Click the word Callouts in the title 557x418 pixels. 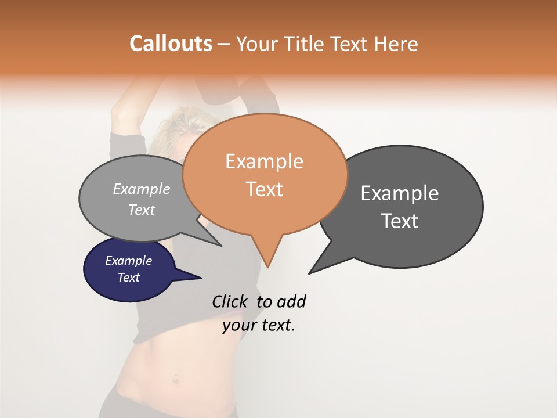coord(171,44)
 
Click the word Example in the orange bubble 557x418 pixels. coord(264,161)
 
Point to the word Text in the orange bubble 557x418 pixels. coord(264,189)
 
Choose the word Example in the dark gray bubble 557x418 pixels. coord(400,193)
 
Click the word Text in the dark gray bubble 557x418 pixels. coord(400,221)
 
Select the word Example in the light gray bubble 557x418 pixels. coord(142,189)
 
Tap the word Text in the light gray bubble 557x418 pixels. coord(142,210)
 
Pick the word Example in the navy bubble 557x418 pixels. coord(129,261)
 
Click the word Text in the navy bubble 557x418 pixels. coord(129,278)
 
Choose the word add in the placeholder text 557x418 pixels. coord(291,302)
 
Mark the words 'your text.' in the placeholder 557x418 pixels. coord(259,326)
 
